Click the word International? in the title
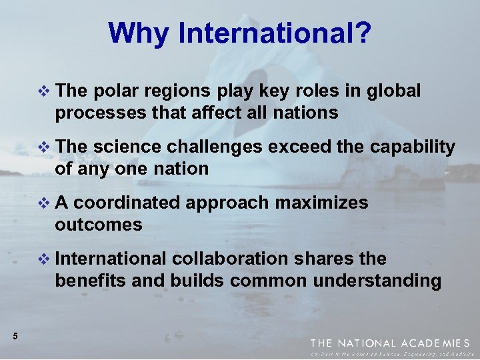click(274, 33)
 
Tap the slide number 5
click(15, 337)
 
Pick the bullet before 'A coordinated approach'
click(45, 203)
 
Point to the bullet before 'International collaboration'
click(45, 259)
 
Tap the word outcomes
click(99, 225)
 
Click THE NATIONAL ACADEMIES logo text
click(394, 343)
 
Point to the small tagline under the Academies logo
click(394, 354)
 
